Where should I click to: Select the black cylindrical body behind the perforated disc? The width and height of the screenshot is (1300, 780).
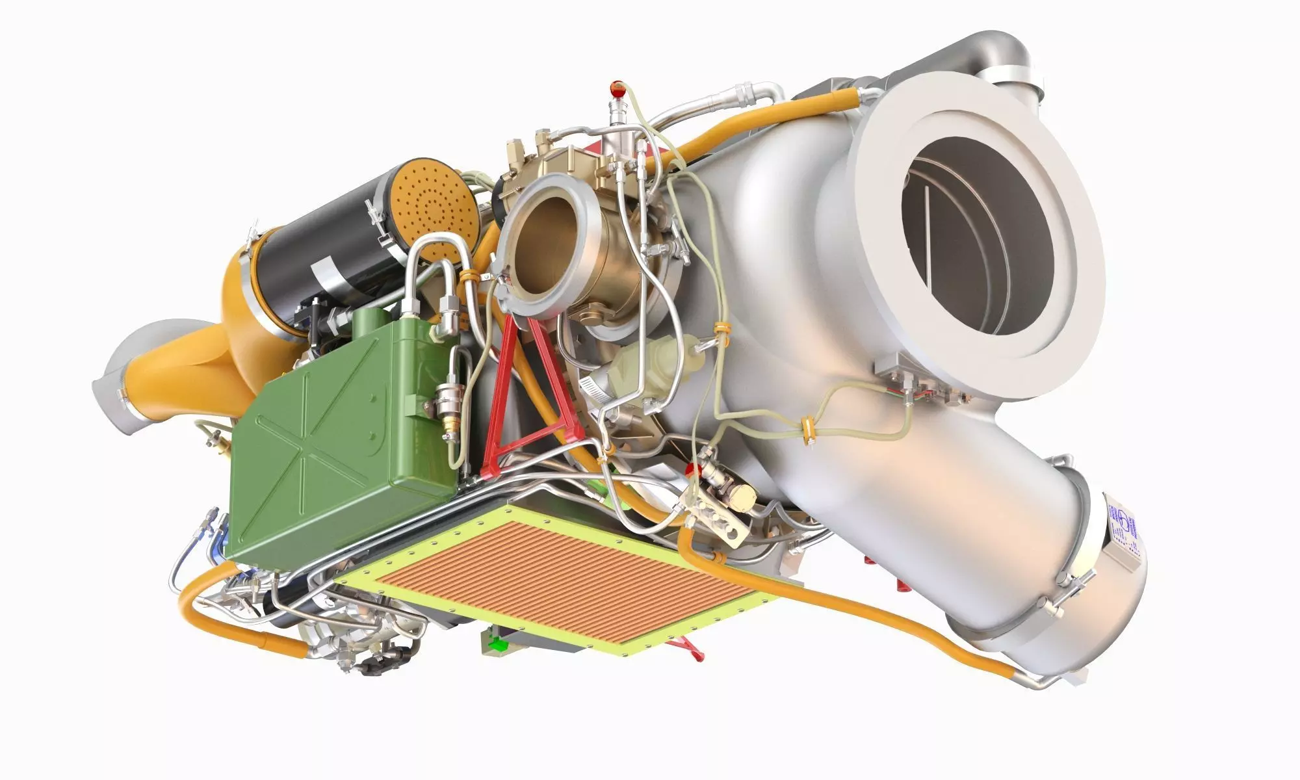tap(325, 247)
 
